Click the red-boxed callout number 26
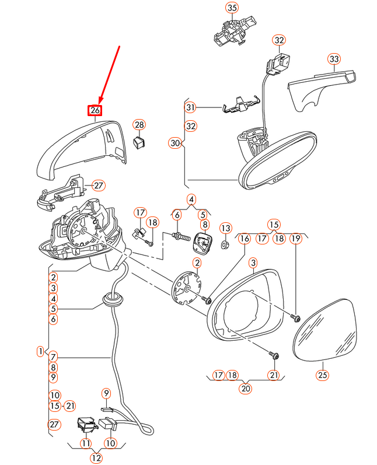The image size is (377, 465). click(95, 110)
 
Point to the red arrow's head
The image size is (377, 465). click(99, 102)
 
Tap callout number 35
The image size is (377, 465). click(232, 8)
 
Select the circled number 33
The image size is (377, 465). click(333, 59)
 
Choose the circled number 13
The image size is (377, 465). click(226, 228)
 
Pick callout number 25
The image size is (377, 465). click(323, 375)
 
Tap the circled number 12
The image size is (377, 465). click(96, 458)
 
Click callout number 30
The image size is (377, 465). click(175, 142)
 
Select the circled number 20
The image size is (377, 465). click(245, 388)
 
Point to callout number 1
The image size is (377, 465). click(40, 351)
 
